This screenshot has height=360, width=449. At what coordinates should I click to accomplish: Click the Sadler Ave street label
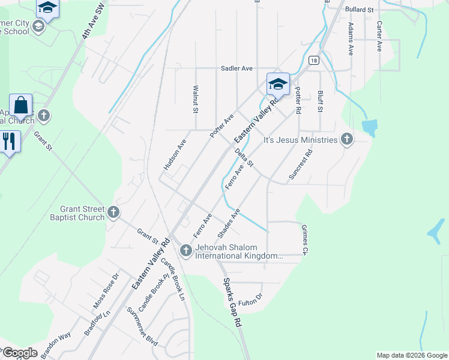point(237,68)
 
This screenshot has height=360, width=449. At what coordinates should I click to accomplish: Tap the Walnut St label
point(195,99)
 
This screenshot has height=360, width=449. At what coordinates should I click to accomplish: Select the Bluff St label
point(320,102)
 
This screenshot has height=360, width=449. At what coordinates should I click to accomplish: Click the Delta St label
point(244,158)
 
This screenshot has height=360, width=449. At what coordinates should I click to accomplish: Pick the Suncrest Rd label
point(301,165)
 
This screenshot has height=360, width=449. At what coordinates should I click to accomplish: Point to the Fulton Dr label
point(250,302)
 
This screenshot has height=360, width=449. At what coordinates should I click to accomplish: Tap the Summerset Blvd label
point(142,326)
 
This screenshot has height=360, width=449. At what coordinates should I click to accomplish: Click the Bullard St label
point(359,10)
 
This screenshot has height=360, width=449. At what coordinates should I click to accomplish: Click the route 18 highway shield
point(313,60)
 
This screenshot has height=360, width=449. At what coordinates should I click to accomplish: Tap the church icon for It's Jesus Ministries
point(346,140)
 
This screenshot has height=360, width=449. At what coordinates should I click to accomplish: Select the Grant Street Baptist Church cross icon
point(113,212)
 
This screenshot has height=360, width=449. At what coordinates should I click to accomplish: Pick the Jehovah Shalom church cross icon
point(185,250)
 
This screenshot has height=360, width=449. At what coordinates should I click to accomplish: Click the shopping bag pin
point(21,106)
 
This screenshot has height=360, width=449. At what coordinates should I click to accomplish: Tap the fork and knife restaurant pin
point(9,142)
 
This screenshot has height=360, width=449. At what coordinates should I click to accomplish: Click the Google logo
point(20,353)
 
